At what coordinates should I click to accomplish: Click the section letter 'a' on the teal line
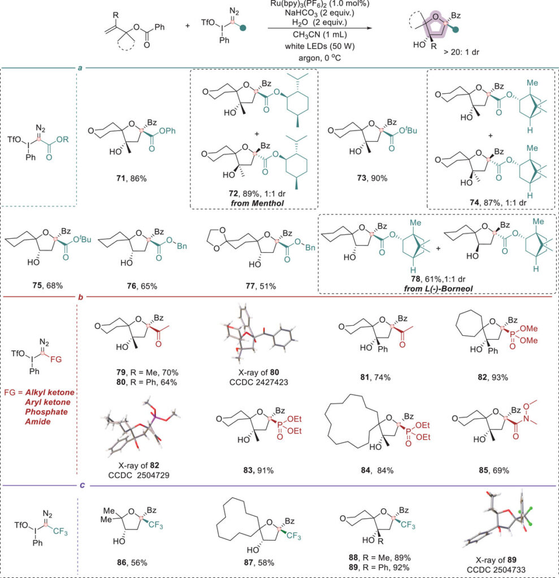coord(80,68)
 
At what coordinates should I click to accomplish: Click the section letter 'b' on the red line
coord(79,295)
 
